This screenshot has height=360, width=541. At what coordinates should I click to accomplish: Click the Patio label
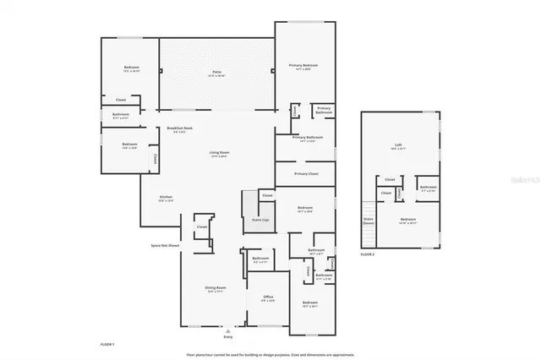pyautogui.click(x=216, y=74)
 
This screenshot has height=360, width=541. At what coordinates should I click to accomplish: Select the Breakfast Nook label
pyautogui.click(x=179, y=128)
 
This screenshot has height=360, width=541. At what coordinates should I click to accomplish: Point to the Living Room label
pyautogui.click(x=220, y=153)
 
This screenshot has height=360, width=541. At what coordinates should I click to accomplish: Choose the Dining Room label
pyautogui.click(x=215, y=287)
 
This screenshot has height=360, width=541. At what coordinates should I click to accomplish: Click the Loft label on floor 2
pyautogui.click(x=398, y=145)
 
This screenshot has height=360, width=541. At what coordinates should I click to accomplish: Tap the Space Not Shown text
pyautogui.click(x=165, y=245)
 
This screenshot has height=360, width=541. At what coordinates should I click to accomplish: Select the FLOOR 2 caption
pyautogui.click(x=367, y=254)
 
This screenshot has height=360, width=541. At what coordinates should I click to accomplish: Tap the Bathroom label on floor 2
pyautogui.click(x=428, y=188)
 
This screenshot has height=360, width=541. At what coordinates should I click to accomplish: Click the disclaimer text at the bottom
pyautogui.click(x=270, y=353)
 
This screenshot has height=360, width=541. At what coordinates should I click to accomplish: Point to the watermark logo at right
pyautogui.click(x=527, y=180)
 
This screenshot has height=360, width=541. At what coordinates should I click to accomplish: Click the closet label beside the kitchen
pyautogui.click(x=202, y=226)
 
